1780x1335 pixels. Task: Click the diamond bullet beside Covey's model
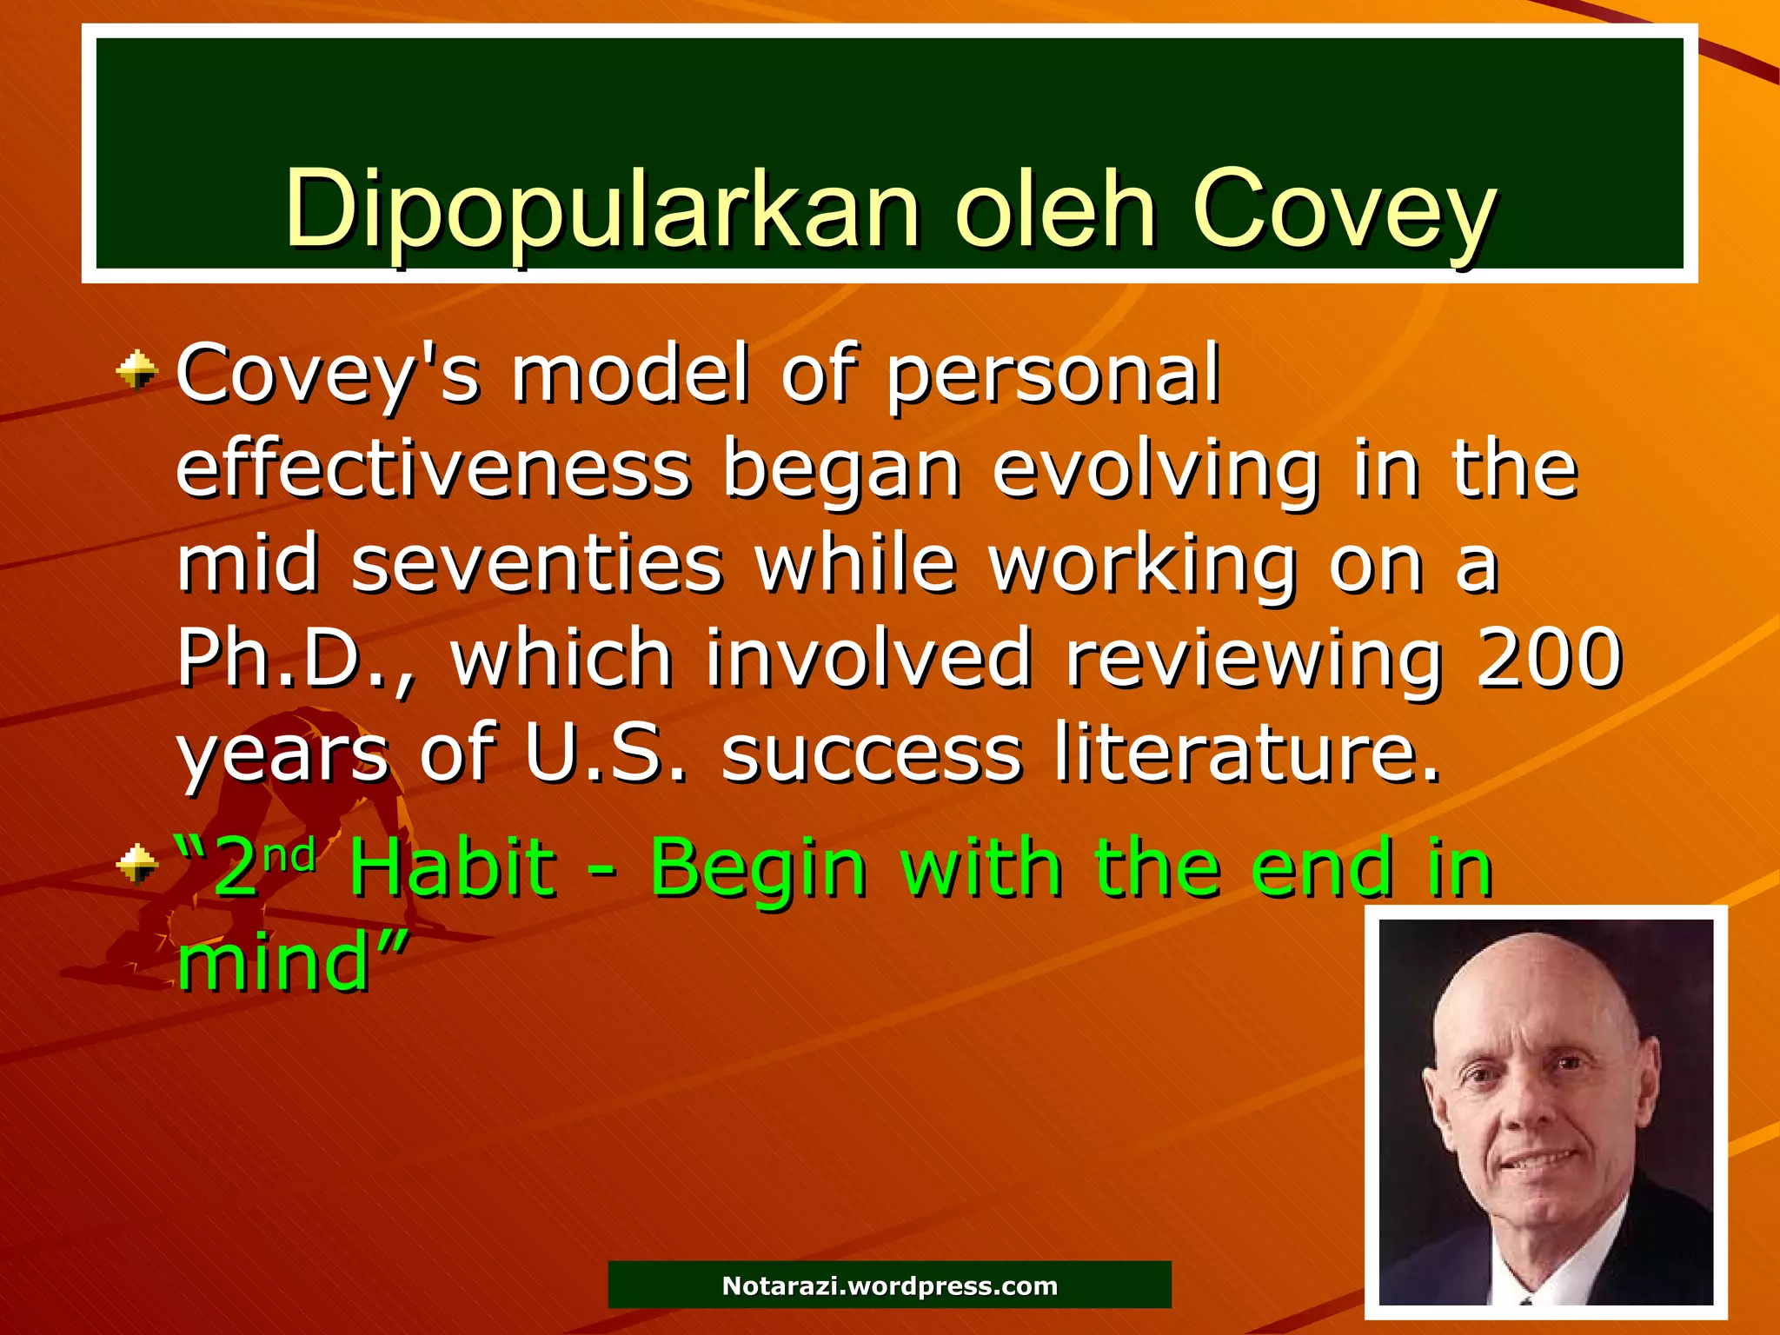pos(137,373)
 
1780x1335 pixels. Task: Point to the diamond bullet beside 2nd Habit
pos(137,864)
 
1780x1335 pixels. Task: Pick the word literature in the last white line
pos(1247,752)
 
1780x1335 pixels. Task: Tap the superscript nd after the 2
pos(289,857)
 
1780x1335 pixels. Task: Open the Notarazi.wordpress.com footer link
pos(889,1285)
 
